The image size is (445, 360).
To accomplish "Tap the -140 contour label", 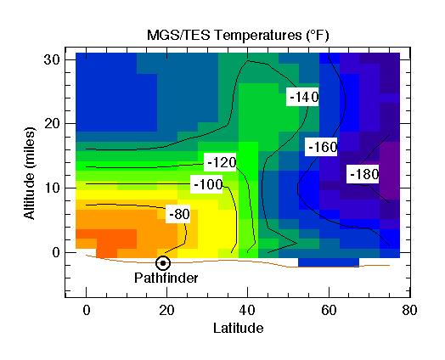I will (x=303, y=97).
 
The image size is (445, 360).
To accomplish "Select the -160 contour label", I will (x=322, y=147).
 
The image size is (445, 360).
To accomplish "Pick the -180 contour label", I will (x=363, y=174).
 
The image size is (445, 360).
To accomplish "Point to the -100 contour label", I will (x=208, y=184).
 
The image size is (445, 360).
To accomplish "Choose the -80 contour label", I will (x=178, y=214).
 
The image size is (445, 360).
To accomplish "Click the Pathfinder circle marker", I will (x=162, y=263).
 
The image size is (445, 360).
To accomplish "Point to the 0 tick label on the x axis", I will (x=86, y=311).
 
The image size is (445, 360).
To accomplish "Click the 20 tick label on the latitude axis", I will (x=166, y=311).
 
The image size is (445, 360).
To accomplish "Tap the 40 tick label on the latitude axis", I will (x=247, y=311).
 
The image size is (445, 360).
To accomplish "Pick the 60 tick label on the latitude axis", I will (x=328, y=311).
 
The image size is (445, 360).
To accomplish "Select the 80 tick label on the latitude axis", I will (x=408, y=311).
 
